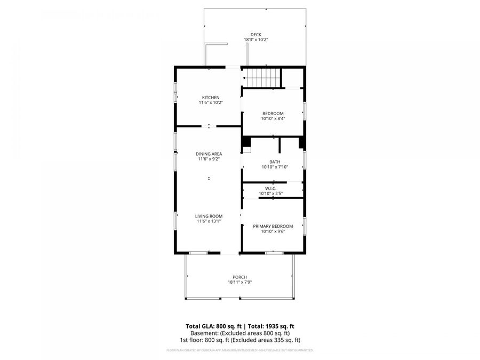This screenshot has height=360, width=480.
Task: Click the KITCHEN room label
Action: tap(210, 97)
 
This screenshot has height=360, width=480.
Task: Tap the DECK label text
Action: tap(255, 35)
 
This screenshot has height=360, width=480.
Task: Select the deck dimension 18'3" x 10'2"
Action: tap(255, 40)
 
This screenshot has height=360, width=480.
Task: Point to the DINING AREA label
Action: tap(209, 154)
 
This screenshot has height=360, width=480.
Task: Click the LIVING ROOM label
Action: tap(209, 216)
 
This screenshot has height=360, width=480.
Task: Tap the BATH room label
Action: tap(274, 162)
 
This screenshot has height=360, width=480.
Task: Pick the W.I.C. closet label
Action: tap(270, 188)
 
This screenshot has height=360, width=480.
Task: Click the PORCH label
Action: tap(239, 277)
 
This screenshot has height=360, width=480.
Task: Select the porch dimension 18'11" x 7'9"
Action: tap(239, 282)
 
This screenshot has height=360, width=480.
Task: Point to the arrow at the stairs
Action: tap(245, 78)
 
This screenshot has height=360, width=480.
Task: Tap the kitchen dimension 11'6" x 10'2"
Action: tap(210, 102)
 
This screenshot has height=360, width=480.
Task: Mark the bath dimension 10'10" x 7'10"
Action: tap(274, 167)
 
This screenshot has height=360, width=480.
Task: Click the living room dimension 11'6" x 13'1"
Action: tap(209, 221)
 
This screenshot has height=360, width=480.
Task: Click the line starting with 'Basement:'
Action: tap(239, 333)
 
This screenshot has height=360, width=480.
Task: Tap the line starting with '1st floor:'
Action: tap(239, 340)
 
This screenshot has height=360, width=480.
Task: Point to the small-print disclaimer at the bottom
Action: tap(239, 350)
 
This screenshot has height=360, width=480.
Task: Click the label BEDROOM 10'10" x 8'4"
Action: tap(273, 116)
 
